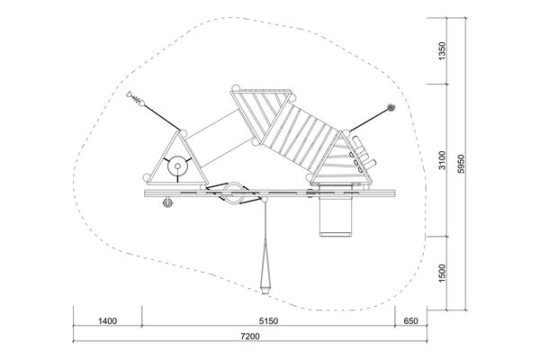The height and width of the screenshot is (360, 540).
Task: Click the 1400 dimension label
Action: [x=107, y=321]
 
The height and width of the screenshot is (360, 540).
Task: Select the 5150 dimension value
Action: [x=268, y=321]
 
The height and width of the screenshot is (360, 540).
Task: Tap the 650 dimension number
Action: [x=410, y=321]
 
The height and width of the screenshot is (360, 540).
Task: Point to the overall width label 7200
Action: [x=250, y=336]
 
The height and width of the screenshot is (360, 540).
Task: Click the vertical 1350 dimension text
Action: [x=442, y=50]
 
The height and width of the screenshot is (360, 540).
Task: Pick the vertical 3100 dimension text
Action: [x=442, y=160]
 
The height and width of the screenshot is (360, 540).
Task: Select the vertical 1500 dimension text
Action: [x=442, y=274]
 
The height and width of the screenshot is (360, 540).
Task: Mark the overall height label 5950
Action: [x=461, y=164]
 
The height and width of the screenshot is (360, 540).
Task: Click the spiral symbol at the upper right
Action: [x=391, y=108]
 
